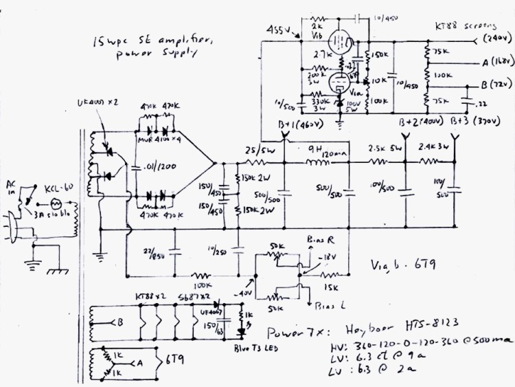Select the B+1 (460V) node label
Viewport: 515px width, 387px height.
click(293, 123)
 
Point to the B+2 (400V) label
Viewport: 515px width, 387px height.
click(421, 122)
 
